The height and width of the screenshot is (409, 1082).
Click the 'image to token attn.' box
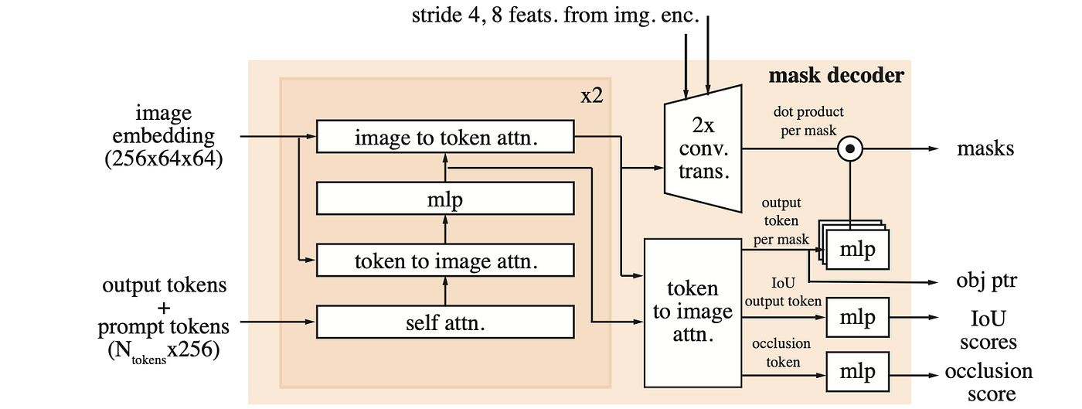click(445, 137)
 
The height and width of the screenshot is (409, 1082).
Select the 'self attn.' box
click(445, 322)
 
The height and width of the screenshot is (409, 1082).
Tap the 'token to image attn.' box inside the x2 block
click(445, 261)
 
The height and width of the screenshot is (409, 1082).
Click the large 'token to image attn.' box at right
click(692, 312)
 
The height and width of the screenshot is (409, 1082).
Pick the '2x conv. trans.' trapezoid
click(703, 148)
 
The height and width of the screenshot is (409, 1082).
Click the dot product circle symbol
click(850, 148)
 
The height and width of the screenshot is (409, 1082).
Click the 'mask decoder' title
click(835, 76)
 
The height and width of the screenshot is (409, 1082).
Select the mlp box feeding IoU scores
click(858, 318)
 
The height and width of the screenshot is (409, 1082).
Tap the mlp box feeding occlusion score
click(858, 372)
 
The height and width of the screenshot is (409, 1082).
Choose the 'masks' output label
click(985, 148)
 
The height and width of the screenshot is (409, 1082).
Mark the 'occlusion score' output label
click(989, 382)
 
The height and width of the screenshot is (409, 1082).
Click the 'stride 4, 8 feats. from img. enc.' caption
click(555, 15)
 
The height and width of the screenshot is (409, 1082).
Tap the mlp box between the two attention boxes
click(445, 199)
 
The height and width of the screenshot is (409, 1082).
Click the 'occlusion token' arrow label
click(781, 352)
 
